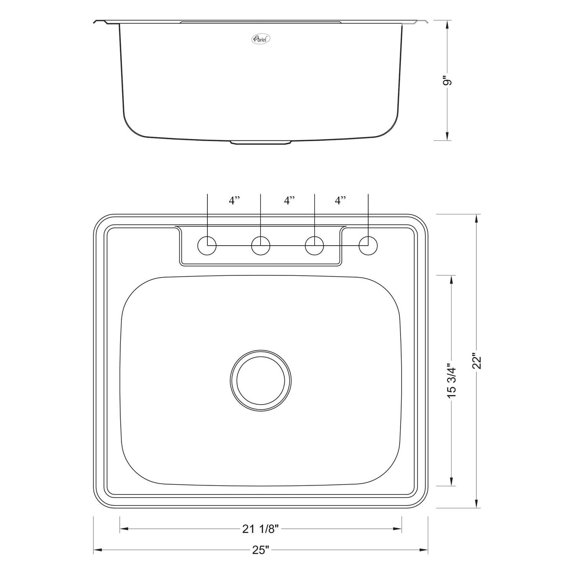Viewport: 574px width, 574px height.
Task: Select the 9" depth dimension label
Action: pyautogui.click(x=447, y=82)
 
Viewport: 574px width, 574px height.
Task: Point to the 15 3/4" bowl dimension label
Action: pyautogui.click(x=452, y=381)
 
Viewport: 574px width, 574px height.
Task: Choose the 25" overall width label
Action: pyautogui.click(x=261, y=550)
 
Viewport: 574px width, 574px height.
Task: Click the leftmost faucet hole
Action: pyautogui.click(x=207, y=245)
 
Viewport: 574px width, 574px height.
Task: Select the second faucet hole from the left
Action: pyautogui.click(x=261, y=245)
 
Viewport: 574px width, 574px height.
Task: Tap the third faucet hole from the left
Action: pyautogui.click(x=315, y=245)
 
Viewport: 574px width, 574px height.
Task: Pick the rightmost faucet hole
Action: pyautogui.click(x=368, y=245)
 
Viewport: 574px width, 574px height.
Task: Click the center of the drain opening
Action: pyautogui.click(x=261, y=380)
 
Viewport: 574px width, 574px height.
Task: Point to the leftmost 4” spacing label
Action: pyautogui.click(x=234, y=201)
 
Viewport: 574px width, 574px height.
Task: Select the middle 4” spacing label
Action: pyautogui.click(x=289, y=201)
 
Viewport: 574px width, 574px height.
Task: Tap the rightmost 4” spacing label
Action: pyautogui.click(x=340, y=201)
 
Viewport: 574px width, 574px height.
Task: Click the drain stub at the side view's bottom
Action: pyautogui.click(x=261, y=143)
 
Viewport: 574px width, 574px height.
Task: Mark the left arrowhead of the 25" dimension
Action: pyautogui.click(x=97, y=550)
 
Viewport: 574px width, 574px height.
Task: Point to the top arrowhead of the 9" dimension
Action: pyautogui.click(x=447, y=24)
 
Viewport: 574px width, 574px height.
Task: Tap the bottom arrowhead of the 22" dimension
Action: pyautogui.click(x=476, y=504)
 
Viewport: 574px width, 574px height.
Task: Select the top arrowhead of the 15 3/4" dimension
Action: pyautogui.click(x=452, y=279)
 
